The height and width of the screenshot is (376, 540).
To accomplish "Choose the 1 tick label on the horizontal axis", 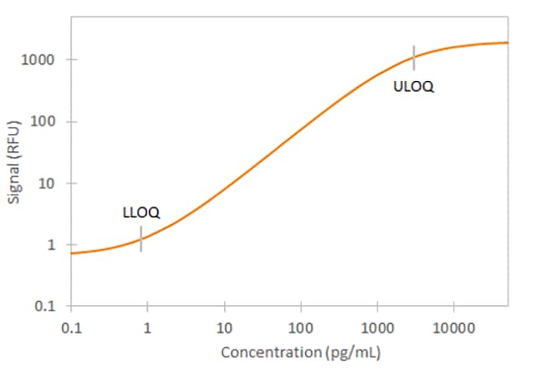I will [147, 326].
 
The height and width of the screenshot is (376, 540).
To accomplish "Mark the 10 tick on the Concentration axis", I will [224, 326].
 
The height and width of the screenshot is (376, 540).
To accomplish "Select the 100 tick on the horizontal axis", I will [300, 326].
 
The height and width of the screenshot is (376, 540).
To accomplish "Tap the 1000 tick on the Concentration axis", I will [377, 326].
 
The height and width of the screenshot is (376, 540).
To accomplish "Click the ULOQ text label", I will [414, 87].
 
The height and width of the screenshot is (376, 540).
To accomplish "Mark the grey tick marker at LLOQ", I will [141, 239].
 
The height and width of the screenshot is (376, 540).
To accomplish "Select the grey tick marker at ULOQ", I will [414, 58].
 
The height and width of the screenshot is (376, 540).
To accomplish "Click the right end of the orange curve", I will [507, 43].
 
